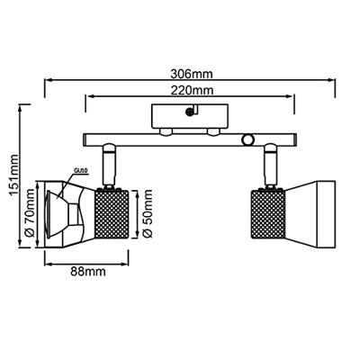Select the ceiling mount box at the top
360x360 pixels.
(190, 116)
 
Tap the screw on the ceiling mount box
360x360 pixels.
(190, 111)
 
